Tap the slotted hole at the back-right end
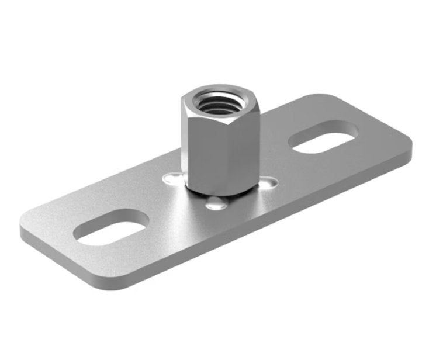coord(323,137)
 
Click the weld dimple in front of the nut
coord(217,204)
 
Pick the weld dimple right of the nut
coord(267,184)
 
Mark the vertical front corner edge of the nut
coord(223,155)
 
